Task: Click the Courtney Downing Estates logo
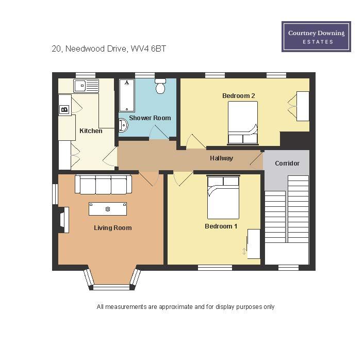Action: pyautogui.click(x=316, y=37)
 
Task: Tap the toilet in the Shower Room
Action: pyautogui.click(x=160, y=86)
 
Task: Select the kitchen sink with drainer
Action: pyautogui.click(x=86, y=86)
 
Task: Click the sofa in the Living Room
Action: pyautogui.click(x=103, y=184)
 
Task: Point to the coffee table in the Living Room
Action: pyautogui.click(x=108, y=209)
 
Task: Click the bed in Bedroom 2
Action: pyautogui.click(x=243, y=123)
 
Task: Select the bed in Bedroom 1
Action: pyautogui.click(x=223, y=197)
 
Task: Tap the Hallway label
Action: pyautogui.click(x=221, y=158)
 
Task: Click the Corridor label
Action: pyautogui.click(x=287, y=163)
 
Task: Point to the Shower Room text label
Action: pyautogui.click(x=150, y=118)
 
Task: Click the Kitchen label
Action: pyautogui.click(x=91, y=131)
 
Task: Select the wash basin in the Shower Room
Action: pyautogui.click(x=123, y=125)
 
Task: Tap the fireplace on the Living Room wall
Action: pyautogui.click(x=64, y=220)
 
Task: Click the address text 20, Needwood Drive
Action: pyautogui.click(x=89, y=48)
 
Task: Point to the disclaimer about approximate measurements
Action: pyautogui.click(x=186, y=307)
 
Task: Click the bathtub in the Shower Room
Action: pyautogui.click(x=127, y=95)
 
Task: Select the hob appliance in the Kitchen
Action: pyautogui.click(x=64, y=109)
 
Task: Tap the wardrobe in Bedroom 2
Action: pyautogui.click(x=303, y=106)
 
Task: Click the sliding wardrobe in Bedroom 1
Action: pyautogui.click(x=254, y=244)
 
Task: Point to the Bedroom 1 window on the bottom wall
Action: pyautogui.click(x=215, y=268)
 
